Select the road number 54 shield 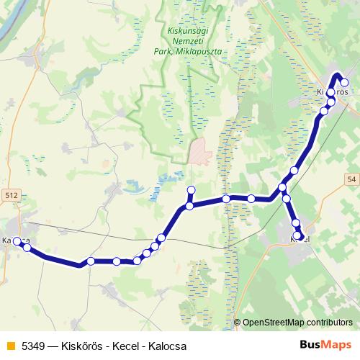(351, 179)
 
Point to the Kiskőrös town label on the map (333, 93)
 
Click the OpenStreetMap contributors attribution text (297, 323)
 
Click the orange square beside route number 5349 (9, 346)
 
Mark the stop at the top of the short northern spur (191, 190)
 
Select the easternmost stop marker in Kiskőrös (344, 82)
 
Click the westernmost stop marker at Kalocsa (17, 241)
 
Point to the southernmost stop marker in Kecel (297, 235)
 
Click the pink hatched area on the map (199, 151)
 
